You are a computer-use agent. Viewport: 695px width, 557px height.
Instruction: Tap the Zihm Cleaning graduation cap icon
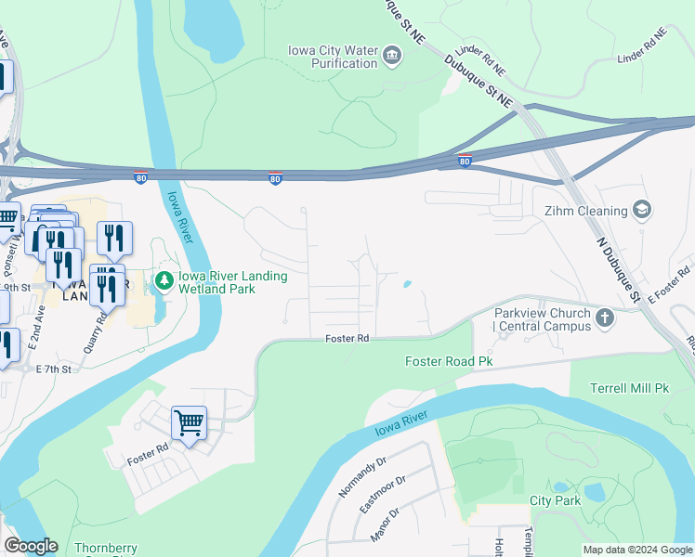640,210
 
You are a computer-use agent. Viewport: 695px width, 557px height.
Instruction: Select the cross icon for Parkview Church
605,319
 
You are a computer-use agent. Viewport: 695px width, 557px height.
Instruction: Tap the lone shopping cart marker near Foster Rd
189,424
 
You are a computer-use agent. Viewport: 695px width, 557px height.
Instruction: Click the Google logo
31,546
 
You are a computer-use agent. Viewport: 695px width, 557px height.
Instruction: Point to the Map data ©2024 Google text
636,550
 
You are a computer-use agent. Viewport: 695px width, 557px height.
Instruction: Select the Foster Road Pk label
448,360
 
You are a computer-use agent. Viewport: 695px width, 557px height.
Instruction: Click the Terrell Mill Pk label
631,386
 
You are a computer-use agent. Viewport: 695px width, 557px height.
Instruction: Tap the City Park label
555,500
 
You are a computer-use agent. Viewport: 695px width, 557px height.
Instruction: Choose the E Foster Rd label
672,282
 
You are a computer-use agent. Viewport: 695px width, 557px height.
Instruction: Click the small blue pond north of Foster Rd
407,284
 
